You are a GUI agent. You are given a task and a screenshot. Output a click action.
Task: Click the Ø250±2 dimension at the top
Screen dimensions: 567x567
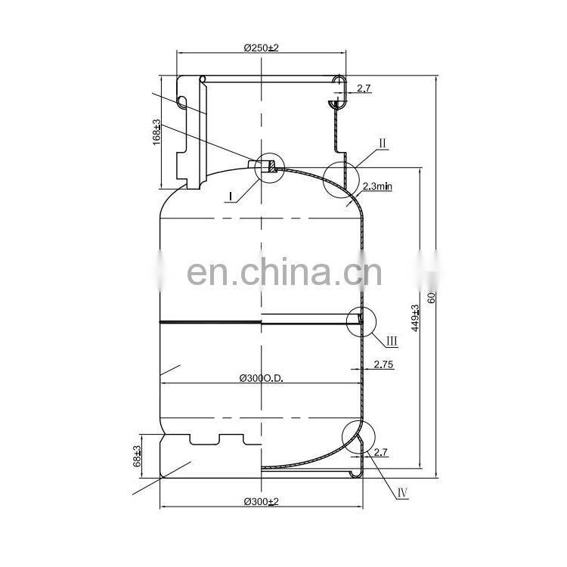point(262,47)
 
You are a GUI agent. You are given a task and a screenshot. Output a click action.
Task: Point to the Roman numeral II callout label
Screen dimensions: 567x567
point(383,143)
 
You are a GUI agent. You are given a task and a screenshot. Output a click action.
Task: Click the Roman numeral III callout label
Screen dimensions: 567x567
point(392,341)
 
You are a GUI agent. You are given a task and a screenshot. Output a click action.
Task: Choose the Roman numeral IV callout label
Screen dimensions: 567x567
point(402,492)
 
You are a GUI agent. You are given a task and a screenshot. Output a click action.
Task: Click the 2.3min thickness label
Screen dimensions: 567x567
point(379,185)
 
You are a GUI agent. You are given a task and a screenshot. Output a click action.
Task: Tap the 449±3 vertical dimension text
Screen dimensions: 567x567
point(414,320)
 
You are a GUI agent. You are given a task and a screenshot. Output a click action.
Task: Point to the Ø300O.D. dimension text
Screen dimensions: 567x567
point(260,378)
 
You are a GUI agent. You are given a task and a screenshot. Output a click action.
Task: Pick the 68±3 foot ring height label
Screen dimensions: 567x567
point(138,455)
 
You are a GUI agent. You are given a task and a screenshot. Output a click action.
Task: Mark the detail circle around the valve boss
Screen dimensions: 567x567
point(270,166)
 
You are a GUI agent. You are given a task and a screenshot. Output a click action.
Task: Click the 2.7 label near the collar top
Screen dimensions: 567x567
point(364,89)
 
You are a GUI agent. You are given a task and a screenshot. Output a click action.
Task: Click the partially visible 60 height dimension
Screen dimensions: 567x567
point(432,296)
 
